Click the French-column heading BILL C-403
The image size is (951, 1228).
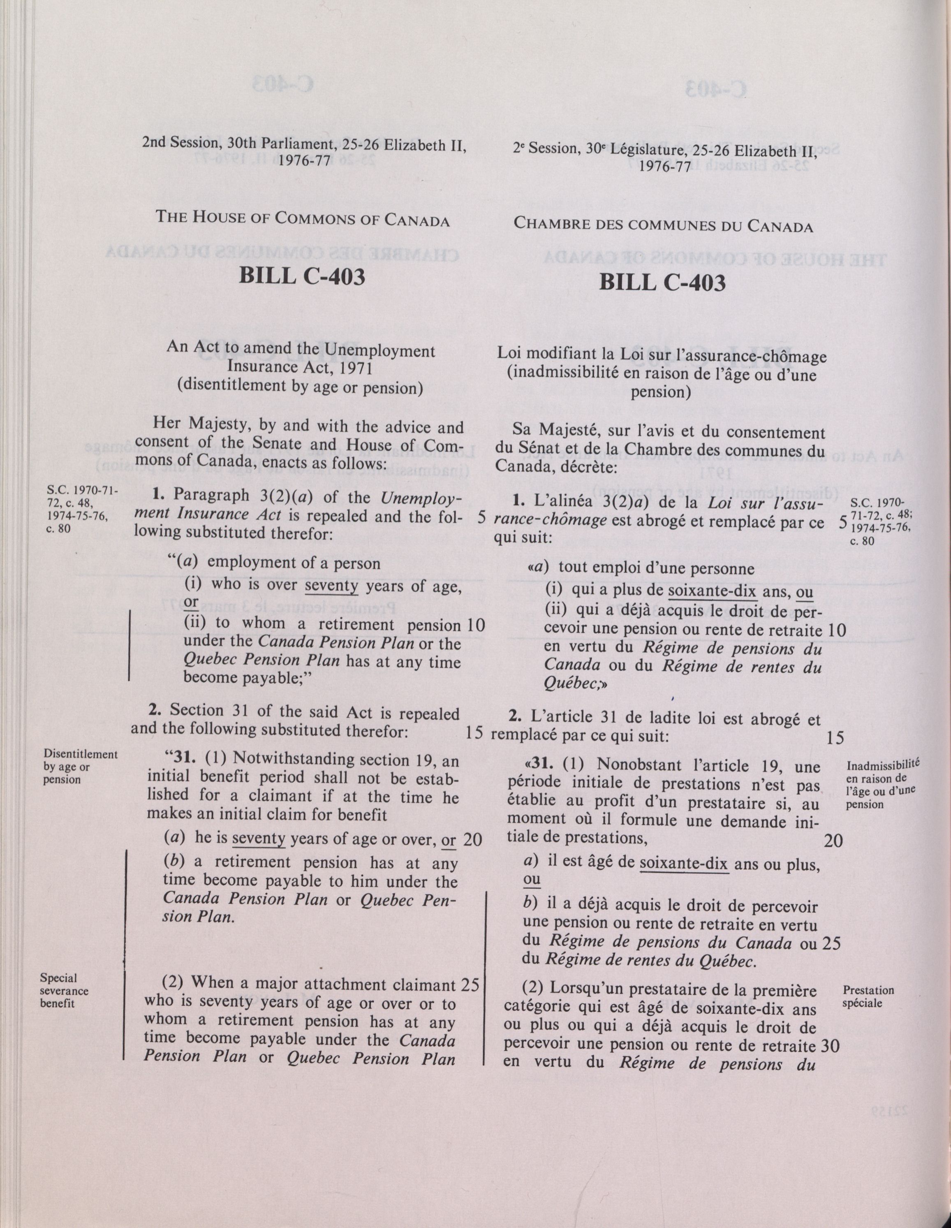[662, 282]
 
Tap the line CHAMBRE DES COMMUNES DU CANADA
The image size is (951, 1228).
[663, 226]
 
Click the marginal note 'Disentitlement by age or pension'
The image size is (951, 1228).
[80, 767]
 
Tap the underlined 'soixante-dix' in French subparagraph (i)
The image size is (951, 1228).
[713, 591]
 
